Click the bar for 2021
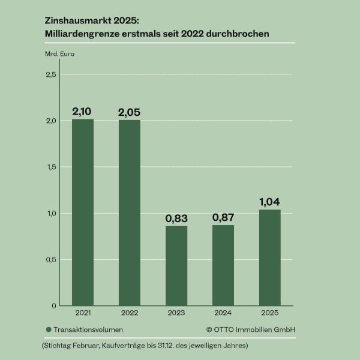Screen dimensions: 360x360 83,212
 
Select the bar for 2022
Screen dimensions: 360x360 130,213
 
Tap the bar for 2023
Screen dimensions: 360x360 176,266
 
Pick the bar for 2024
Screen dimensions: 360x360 223,265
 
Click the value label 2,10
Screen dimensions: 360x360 83,112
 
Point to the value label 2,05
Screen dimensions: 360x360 130,112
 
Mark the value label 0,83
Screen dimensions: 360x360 176,218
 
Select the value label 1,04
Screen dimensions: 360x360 270,202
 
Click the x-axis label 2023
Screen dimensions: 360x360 176,313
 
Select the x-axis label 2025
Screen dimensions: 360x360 270,313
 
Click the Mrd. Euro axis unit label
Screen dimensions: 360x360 59,54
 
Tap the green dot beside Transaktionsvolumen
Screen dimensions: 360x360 48,329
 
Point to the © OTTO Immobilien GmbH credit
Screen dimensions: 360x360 251,329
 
